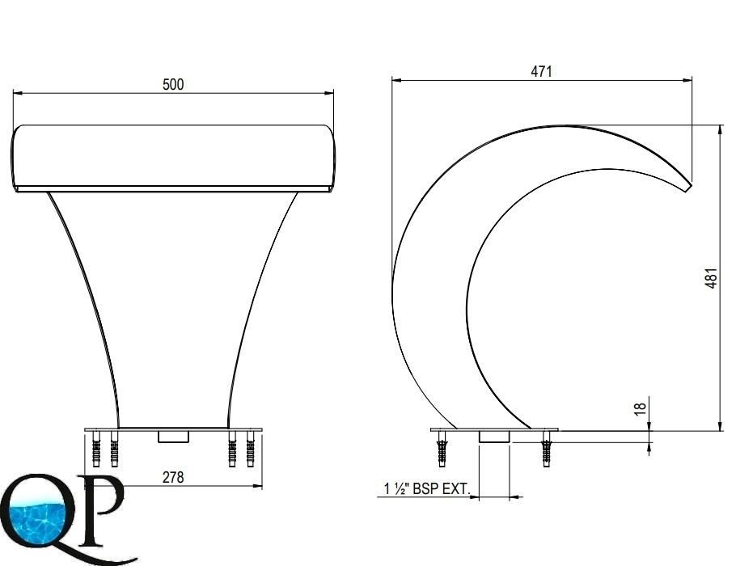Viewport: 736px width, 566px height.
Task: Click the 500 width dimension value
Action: (173, 84)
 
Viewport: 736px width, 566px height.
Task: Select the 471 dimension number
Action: (541, 71)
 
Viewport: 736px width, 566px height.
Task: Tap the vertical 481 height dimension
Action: (712, 278)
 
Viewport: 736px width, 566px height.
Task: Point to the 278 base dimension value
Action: (173, 477)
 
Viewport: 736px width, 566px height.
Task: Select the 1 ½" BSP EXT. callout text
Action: (427, 488)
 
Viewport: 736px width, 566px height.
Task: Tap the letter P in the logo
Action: (101, 511)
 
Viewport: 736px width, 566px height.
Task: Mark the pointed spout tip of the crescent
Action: (689, 188)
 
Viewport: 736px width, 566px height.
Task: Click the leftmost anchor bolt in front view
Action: (96, 449)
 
